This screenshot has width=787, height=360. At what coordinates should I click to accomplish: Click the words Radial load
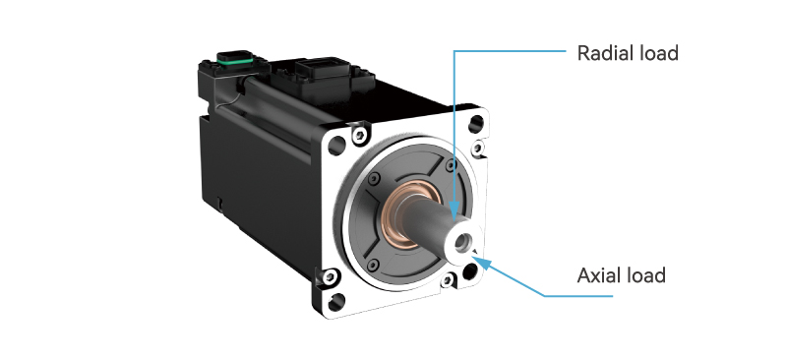[x=628, y=53]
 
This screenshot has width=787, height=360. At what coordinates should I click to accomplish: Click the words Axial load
[x=621, y=275]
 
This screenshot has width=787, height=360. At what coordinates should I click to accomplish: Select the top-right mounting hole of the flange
[x=476, y=125]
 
